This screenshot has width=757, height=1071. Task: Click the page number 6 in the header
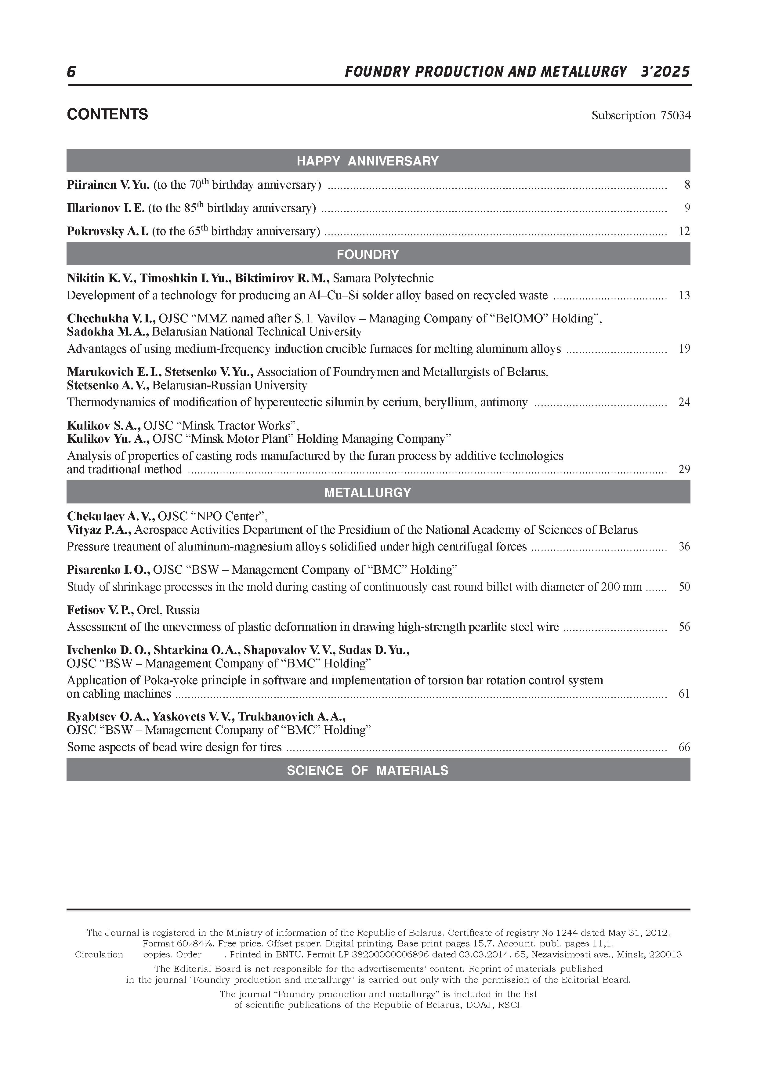click(x=71, y=72)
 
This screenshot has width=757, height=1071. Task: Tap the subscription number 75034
click(x=675, y=115)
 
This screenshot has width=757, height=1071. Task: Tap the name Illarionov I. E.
click(x=106, y=208)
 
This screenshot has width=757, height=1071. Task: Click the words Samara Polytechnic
click(x=383, y=278)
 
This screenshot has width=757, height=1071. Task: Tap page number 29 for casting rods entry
click(x=684, y=469)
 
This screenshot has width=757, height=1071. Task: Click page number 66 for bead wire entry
click(x=684, y=747)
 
